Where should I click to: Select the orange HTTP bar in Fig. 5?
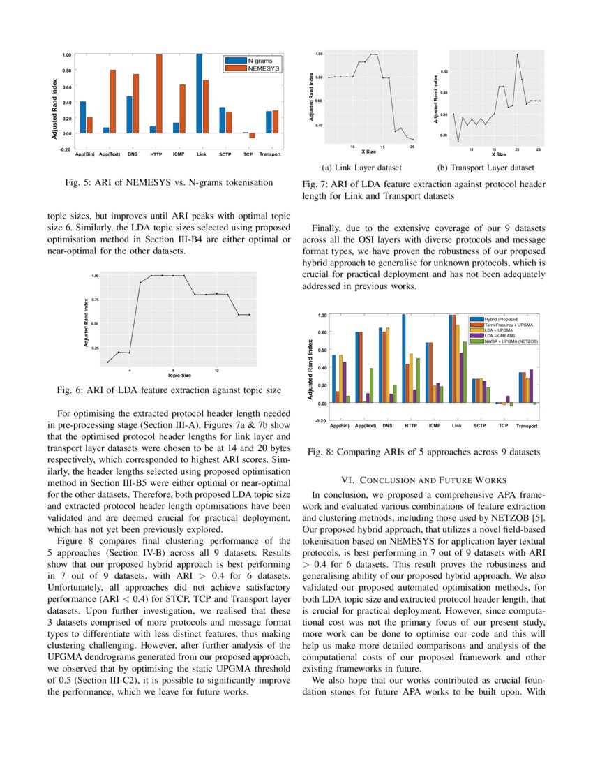click(158, 94)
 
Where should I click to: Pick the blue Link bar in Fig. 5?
click(199, 94)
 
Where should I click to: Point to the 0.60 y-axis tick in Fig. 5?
click(67, 87)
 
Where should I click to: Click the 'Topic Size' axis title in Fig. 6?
click(179, 375)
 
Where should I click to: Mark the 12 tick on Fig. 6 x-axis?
click(218, 369)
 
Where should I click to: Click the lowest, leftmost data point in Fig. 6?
click(107, 362)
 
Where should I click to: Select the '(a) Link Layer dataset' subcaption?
click(361, 168)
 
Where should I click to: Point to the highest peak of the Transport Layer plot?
click(517, 54)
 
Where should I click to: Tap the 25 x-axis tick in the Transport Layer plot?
click(539, 149)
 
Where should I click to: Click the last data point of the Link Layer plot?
click(412, 140)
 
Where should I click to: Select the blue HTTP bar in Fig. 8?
click(403, 359)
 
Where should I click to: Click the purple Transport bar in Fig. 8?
click(531, 386)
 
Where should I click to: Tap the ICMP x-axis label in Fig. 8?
click(434, 425)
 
